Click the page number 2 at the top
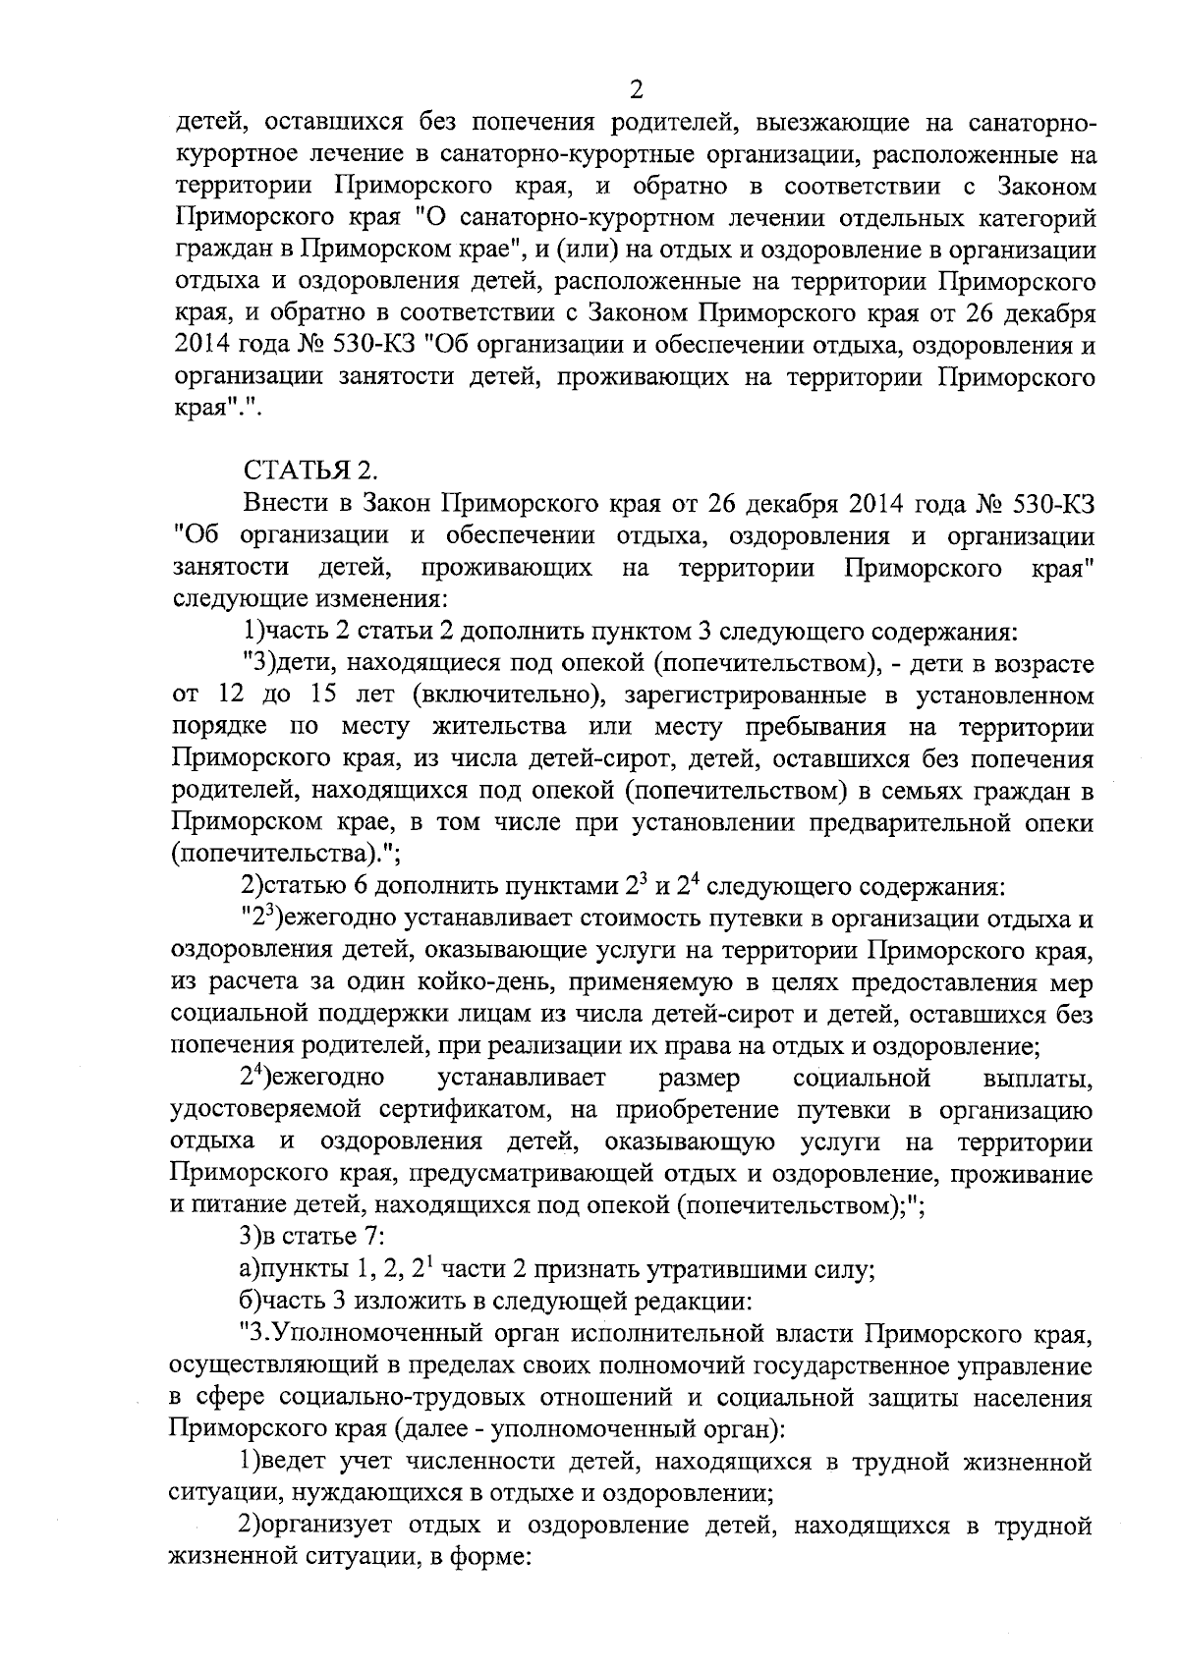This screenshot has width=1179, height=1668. click(635, 91)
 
